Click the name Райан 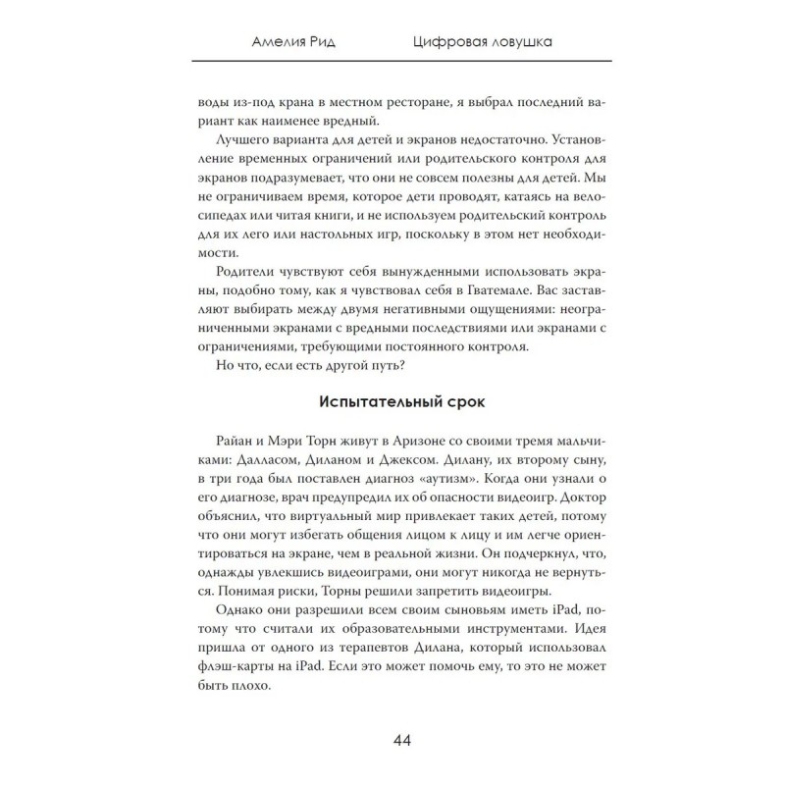point(233,444)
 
